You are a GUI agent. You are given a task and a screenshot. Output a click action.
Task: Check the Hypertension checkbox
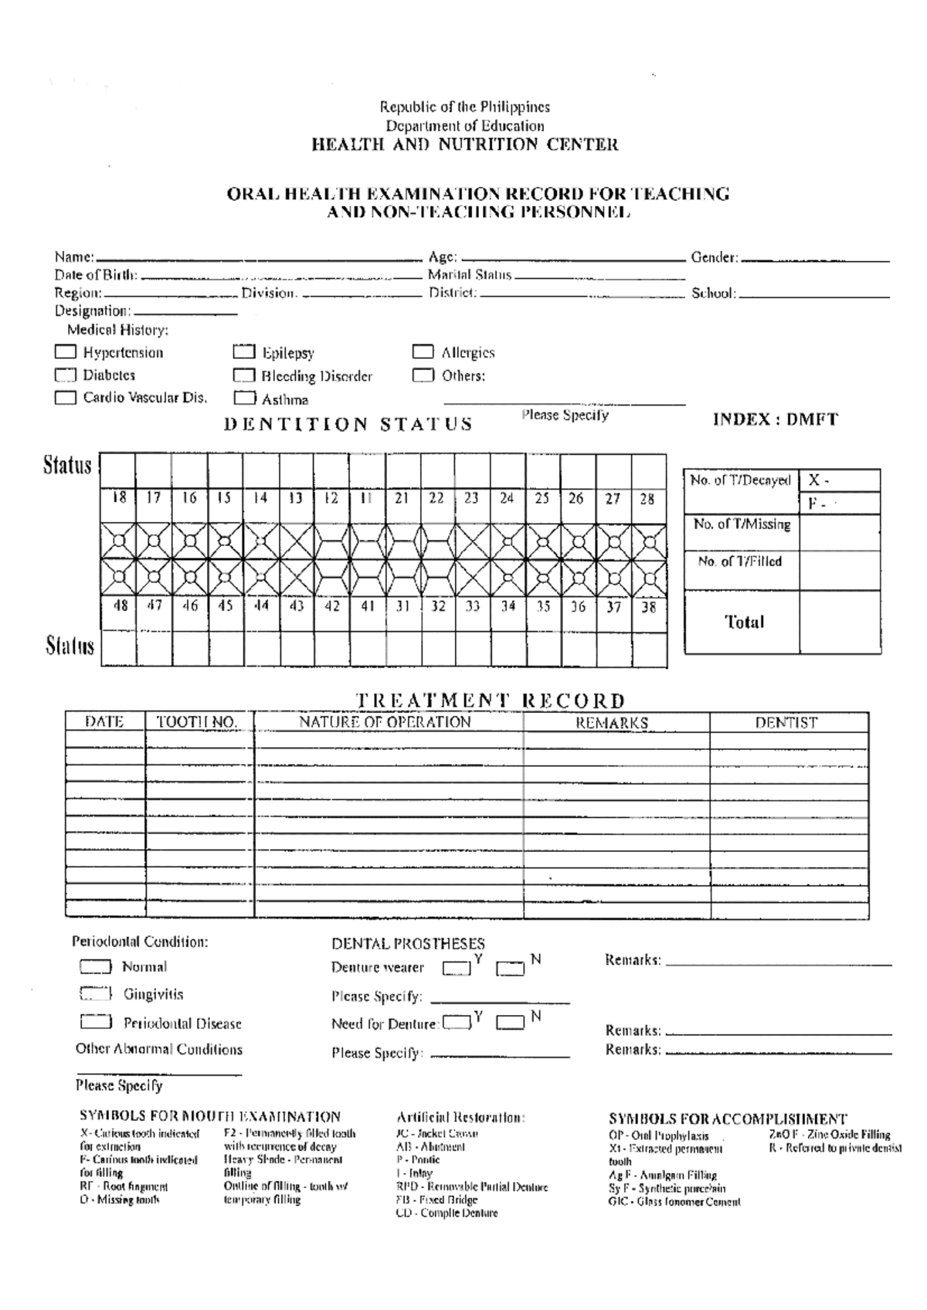click(66, 352)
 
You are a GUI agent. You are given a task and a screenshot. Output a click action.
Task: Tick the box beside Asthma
click(244, 399)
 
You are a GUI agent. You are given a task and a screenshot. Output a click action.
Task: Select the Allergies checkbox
click(423, 352)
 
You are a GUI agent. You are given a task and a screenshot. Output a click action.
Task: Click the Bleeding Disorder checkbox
click(244, 376)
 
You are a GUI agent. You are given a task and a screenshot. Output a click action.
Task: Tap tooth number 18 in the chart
click(119, 498)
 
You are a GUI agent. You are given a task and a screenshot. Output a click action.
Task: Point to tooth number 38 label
click(649, 607)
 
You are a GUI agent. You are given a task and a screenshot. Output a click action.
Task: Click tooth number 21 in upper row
click(402, 498)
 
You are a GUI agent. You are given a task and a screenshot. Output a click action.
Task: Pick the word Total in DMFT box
click(744, 623)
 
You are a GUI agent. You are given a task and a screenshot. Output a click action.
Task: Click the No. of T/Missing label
click(742, 524)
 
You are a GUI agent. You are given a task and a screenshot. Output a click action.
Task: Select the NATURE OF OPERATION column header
click(385, 722)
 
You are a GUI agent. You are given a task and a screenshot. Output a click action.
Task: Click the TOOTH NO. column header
click(197, 722)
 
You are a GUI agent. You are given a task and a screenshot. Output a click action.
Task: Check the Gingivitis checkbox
click(95, 994)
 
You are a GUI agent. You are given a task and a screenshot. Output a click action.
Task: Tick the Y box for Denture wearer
click(457, 968)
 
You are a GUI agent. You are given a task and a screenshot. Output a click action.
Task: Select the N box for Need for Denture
click(510, 1023)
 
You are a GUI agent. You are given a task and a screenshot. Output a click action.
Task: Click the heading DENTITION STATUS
click(348, 424)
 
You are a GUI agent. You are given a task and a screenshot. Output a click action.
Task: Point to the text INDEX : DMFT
click(775, 420)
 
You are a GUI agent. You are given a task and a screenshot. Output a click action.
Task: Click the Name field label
click(74, 257)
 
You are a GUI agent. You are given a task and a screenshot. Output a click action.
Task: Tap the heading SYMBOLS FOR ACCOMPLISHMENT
click(728, 1118)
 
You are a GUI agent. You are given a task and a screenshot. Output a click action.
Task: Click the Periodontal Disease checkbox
click(95, 1023)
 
